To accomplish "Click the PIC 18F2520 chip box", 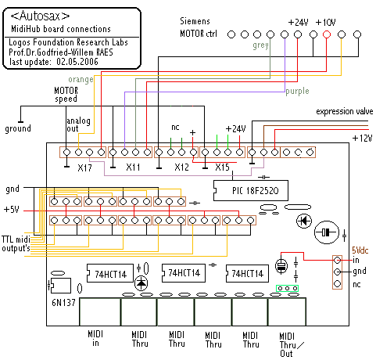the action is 251,190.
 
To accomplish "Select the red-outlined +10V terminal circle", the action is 327,34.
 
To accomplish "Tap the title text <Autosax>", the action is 40,16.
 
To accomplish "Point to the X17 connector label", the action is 84,167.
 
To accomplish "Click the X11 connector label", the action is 133,167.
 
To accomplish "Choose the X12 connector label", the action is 181,167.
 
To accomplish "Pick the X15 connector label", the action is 222,167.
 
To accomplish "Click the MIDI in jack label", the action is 95,338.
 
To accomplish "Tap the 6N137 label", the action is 63,303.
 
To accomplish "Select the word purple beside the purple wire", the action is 297,92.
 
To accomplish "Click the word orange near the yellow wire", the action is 81,79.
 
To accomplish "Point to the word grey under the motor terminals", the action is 260,45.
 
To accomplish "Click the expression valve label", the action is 345,112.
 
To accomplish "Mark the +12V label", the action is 362,138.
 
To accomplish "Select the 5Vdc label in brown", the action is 360,250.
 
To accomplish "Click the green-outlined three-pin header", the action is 287,288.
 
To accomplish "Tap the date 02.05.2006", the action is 77,62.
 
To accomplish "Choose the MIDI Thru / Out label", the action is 291,344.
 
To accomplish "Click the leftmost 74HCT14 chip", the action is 109,273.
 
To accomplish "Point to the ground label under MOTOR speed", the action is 18,128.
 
